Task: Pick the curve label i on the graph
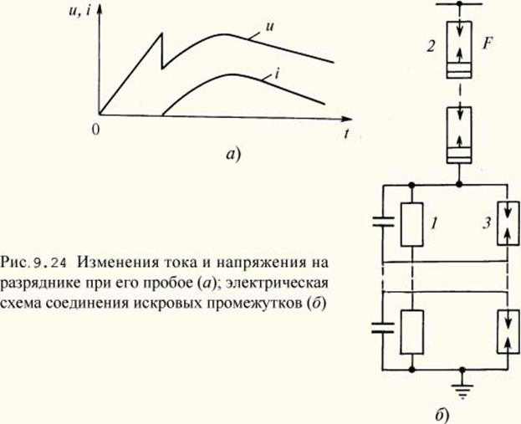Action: [276, 74]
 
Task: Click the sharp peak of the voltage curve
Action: [161, 33]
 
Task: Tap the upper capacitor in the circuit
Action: [382, 224]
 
